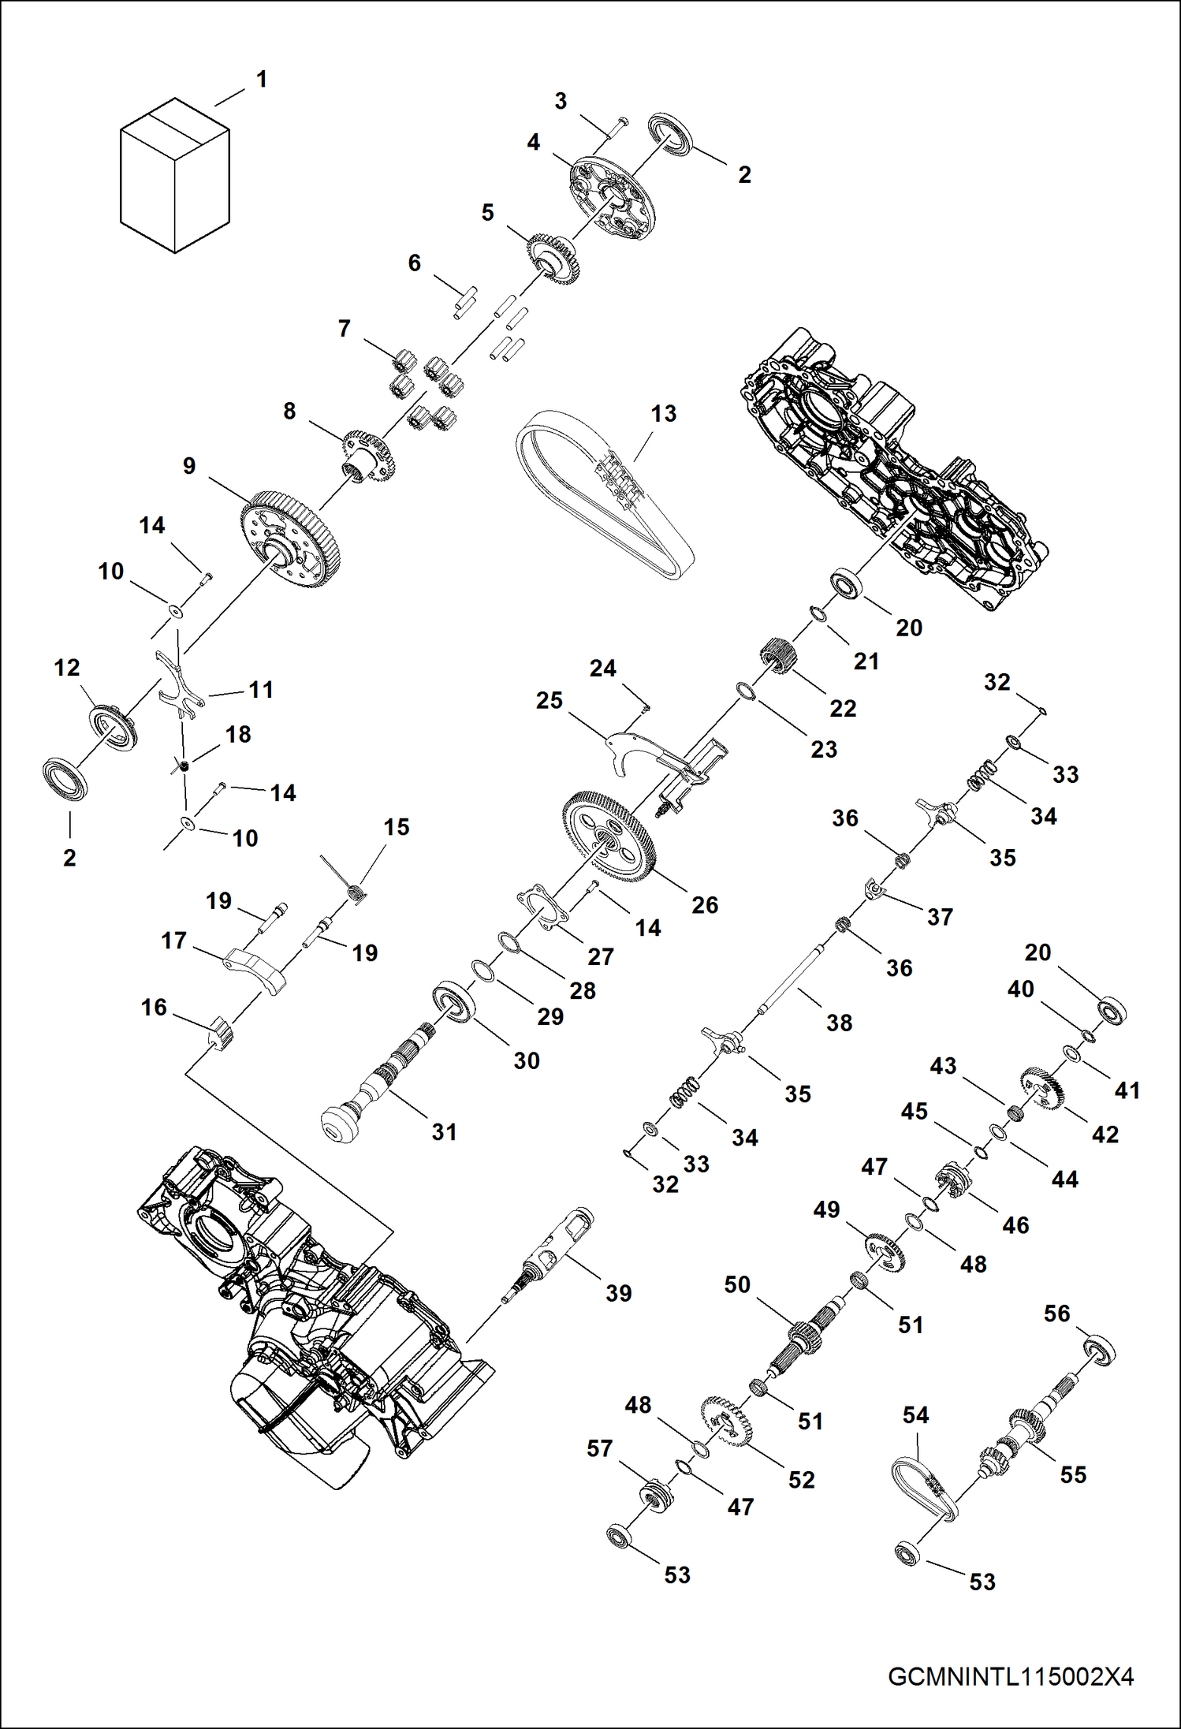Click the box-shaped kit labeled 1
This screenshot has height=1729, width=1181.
click(x=174, y=175)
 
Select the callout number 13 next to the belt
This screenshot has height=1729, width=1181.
click(x=663, y=414)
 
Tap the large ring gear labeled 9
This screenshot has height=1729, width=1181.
click(x=290, y=540)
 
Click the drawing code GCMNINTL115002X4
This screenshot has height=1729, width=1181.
click(x=1011, y=1677)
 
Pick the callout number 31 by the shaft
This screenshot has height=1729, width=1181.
click(x=444, y=1132)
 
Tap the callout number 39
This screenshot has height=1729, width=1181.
click(x=618, y=1293)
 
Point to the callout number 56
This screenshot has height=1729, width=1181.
click(x=1056, y=1314)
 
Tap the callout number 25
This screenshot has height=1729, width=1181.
click(x=549, y=701)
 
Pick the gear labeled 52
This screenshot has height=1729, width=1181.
click(x=725, y=1425)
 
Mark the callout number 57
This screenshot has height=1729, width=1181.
click(x=599, y=1448)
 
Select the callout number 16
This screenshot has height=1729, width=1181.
click(x=154, y=1008)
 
